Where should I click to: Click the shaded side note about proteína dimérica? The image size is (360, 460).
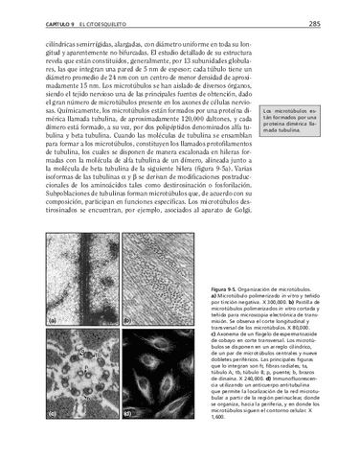pos(292,147)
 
